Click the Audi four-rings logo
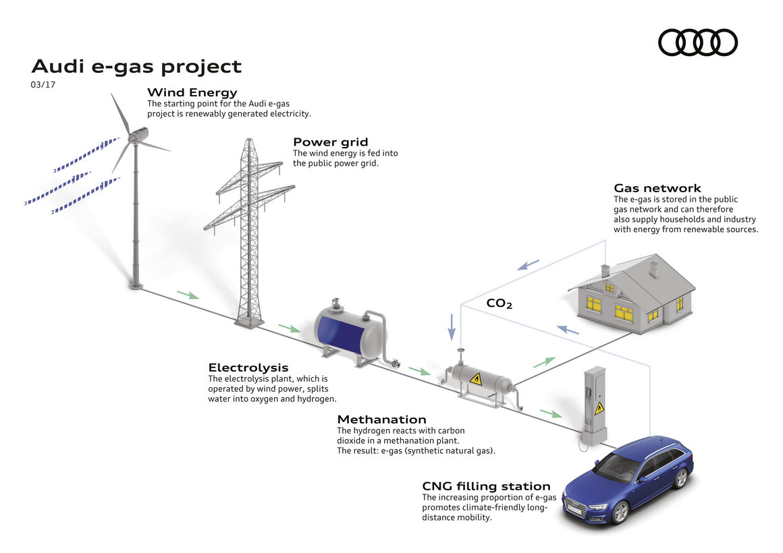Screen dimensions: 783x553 click(697, 42)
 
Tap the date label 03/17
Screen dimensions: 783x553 click(43, 85)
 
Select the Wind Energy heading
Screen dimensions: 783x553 click(192, 92)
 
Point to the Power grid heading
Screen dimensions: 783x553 click(331, 142)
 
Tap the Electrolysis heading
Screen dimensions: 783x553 click(248, 368)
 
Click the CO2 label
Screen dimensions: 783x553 click(500, 303)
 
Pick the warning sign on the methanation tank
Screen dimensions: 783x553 click(476, 379)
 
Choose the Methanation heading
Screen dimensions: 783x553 click(381, 419)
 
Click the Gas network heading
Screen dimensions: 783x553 click(657, 188)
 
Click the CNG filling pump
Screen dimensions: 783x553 click(594, 406)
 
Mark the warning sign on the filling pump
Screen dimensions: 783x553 click(599, 408)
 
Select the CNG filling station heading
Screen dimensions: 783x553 click(487, 486)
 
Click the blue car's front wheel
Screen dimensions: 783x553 click(620, 513)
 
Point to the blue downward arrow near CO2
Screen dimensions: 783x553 click(452, 327)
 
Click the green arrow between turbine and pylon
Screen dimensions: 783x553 click(188, 295)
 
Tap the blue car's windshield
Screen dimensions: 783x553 click(616, 467)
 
